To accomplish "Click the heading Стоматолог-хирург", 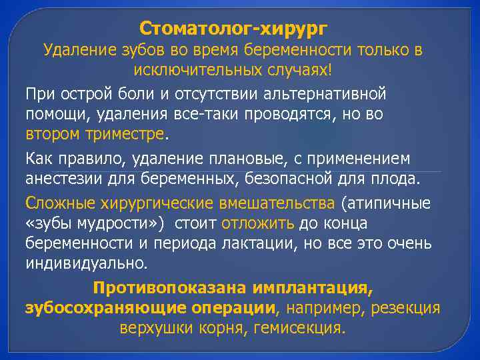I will coord(233,29).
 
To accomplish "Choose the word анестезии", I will coord(59,179).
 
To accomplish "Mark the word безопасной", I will coord(301,179).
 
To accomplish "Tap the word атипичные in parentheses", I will coord(387,203).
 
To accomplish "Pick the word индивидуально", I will coord(87,263).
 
